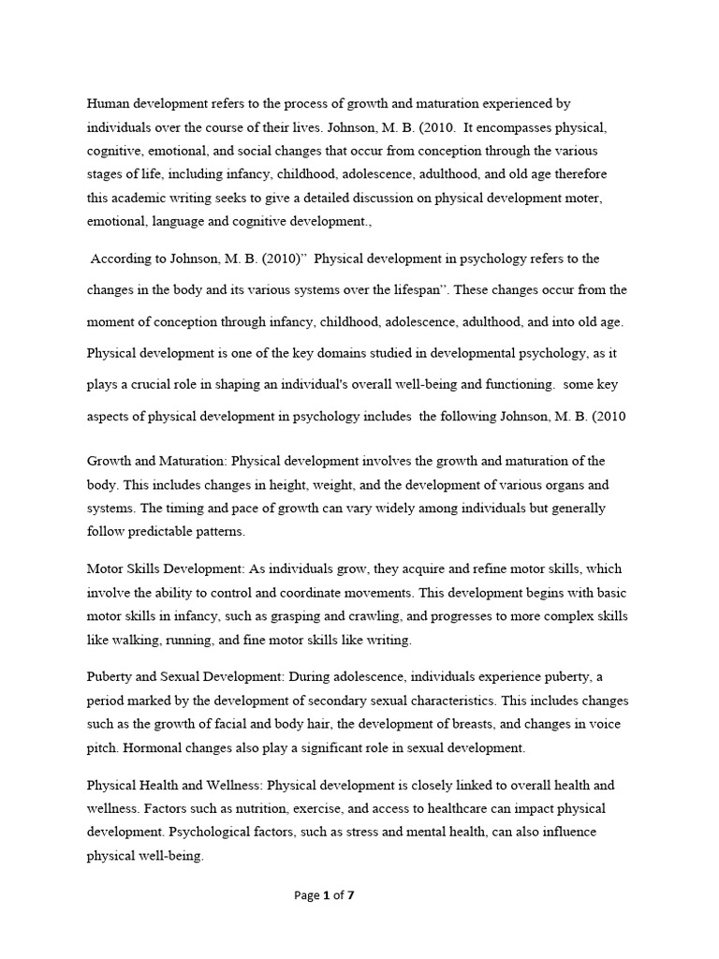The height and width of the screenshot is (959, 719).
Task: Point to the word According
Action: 125,258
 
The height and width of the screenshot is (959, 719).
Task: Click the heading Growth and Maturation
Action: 156,461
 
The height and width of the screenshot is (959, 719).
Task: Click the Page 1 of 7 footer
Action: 324,895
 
